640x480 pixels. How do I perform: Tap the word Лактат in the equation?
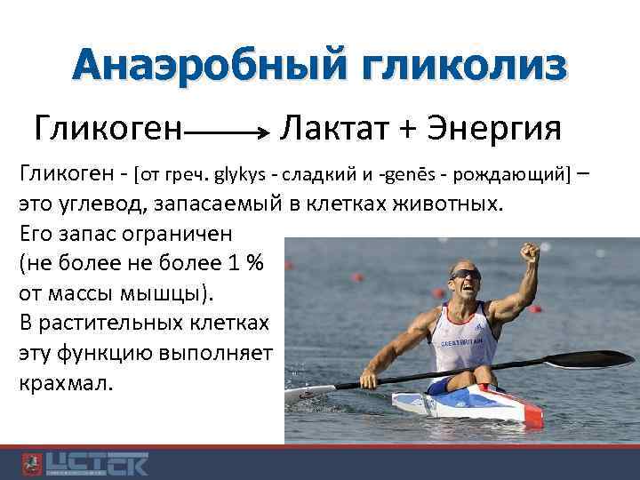334,128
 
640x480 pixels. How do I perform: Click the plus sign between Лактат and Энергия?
408,130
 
